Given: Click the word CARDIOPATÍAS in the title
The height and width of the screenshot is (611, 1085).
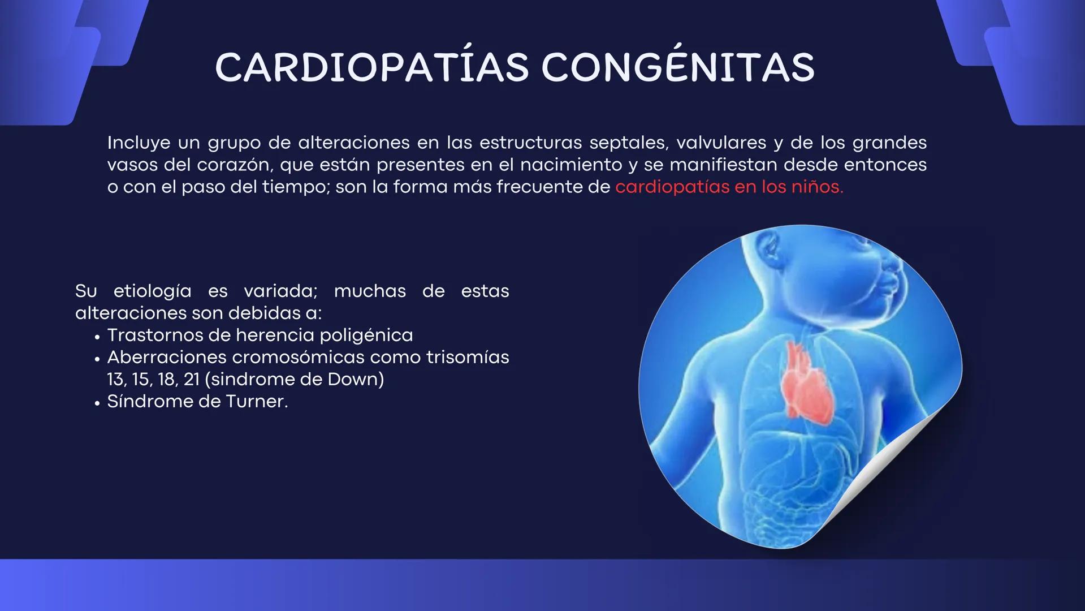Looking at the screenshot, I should point(372,68).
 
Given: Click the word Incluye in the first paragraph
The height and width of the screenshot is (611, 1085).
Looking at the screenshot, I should point(139,143).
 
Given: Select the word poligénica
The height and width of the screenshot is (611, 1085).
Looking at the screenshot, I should point(366,335).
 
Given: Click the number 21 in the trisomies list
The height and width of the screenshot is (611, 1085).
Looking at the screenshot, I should point(192,380).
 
